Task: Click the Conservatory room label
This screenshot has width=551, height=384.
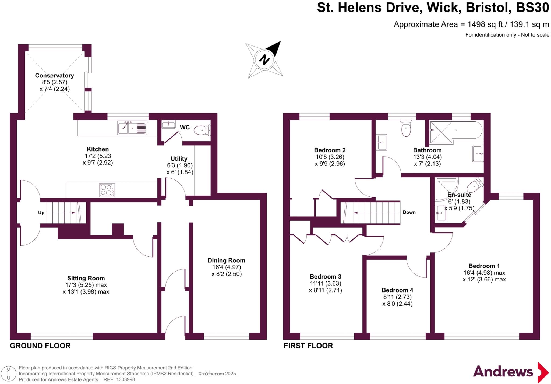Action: point(54,76)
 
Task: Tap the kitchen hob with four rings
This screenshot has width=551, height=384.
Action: point(107,190)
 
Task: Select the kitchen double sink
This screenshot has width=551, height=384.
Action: point(132,128)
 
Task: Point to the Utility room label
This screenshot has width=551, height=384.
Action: point(179,159)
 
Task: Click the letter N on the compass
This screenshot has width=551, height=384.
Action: point(264,59)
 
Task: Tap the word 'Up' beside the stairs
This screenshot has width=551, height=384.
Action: point(41,213)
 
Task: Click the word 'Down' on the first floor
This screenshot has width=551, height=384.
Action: point(409,212)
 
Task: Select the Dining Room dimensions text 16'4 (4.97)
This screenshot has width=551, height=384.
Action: point(226,267)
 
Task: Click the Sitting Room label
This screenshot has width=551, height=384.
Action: point(86,278)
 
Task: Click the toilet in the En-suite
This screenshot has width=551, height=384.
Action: point(475,186)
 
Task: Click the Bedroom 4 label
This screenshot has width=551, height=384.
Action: point(397,290)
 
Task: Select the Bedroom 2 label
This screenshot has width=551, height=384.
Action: point(330,150)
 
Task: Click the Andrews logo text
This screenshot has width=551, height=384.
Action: point(503,372)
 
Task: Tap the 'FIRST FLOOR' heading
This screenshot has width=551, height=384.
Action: point(308,346)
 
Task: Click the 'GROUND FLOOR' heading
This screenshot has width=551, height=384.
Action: point(40,346)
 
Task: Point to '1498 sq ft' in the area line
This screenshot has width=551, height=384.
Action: point(485,24)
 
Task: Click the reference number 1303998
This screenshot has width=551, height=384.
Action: point(125,380)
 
